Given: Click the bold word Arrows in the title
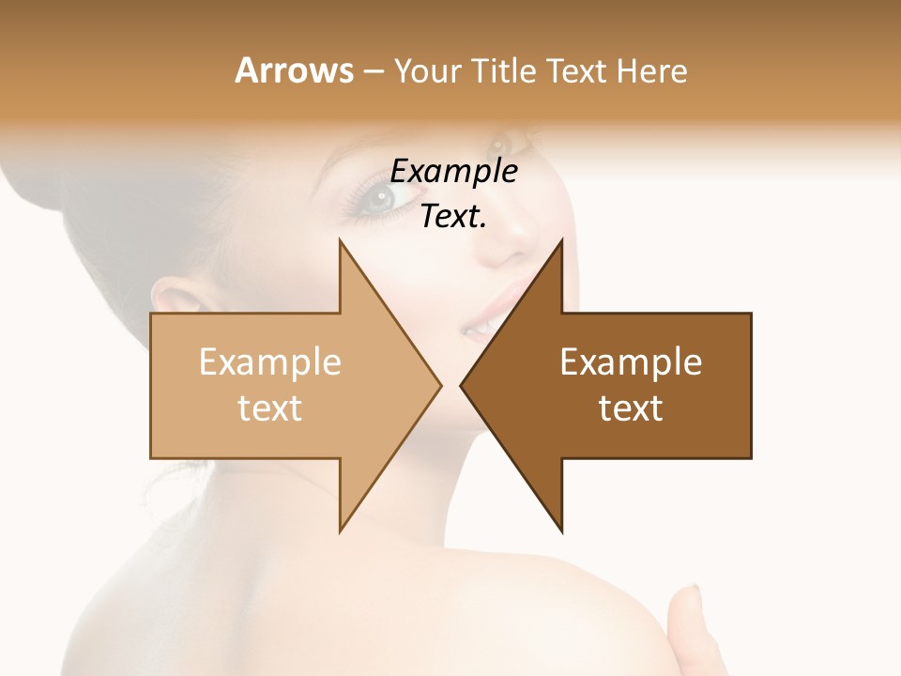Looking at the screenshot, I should [x=293, y=70].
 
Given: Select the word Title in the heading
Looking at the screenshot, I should [x=502, y=71].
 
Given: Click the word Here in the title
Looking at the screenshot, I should [x=652, y=71].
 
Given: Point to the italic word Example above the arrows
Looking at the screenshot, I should [x=454, y=172].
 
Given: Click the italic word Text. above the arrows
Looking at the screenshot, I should [x=454, y=217].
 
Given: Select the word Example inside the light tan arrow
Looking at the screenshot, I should [x=270, y=362].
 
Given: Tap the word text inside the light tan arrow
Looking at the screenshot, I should [x=270, y=408].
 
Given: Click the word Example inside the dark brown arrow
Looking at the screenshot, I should [x=631, y=362].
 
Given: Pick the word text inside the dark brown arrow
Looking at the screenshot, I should [x=631, y=408].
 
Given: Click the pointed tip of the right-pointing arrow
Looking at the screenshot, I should [x=438, y=385].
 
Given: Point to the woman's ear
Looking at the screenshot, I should [x=174, y=299].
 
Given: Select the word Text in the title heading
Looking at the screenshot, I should [x=577, y=71].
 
